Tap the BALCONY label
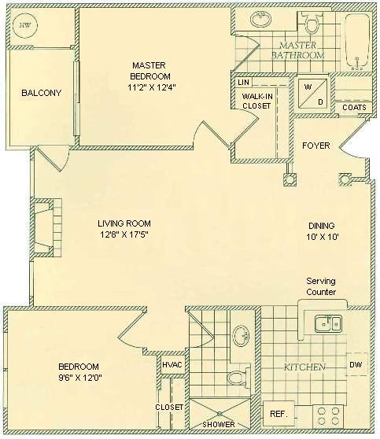pos(41,93)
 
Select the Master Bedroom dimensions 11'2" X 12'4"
pos(153,87)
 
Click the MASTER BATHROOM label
pos(297,51)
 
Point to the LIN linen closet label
pos(243,83)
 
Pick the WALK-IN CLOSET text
pos(256,101)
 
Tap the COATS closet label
pos(353,108)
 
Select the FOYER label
pos(315,146)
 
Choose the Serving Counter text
pos(321,286)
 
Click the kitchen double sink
pos(327,323)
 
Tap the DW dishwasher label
pos(356,366)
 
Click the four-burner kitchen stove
pos(330,416)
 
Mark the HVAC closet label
pos(172,365)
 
